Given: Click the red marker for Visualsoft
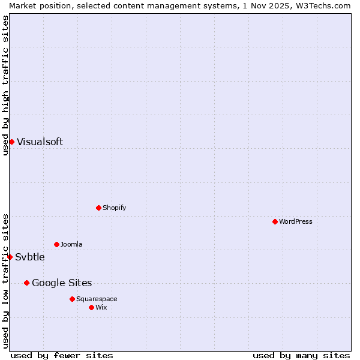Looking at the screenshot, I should pos(11,142).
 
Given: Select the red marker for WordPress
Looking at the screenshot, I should pos(275,221).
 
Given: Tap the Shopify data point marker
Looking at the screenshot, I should pos(98,208).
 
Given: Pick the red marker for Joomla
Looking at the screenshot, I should pos(56,244).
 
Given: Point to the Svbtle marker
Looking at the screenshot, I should pos(10,257).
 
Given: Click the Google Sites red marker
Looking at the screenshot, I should pos(26,283).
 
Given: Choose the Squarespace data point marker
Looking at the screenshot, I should pos(72,299).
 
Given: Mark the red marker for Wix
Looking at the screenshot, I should pos(91,307).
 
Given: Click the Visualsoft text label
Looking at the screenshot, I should pos(40,142).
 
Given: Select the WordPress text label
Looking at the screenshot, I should pos(296,221).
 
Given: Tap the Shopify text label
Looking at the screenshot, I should pos(114,208).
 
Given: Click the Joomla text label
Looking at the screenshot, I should pos(71,244).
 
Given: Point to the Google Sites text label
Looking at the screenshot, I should pos(62,283).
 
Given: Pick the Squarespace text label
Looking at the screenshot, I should pos(97,299).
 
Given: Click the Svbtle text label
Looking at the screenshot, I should pos(30,257).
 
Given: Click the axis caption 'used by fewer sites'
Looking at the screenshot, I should pos(62,355).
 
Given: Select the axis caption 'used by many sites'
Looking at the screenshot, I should pos(301,355).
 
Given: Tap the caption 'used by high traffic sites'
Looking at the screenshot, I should pos(5,85).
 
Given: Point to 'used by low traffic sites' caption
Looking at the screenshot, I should pos(5,280).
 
